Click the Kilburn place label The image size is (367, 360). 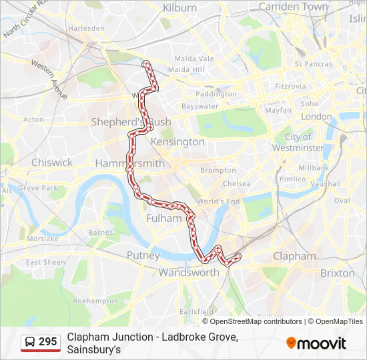(x=180, y=8)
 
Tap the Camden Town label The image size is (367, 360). (x=294, y=7)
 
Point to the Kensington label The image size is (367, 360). (x=177, y=142)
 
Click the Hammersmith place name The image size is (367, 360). (x=129, y=163)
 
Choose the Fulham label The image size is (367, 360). (x=163, y=218)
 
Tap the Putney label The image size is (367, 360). (x=143, y=255)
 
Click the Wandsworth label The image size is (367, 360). (x=189, y=273)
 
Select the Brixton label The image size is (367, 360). (x=337, y=273)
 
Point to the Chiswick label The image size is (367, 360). (x=52, y=163)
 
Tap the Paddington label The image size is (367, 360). (x=216, y=94)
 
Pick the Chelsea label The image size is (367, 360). (x=237, y=183)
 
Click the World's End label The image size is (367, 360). (x=218, y=201)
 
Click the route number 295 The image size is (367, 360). (x=47, y=342)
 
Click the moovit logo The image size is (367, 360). (x=316, y=343)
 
